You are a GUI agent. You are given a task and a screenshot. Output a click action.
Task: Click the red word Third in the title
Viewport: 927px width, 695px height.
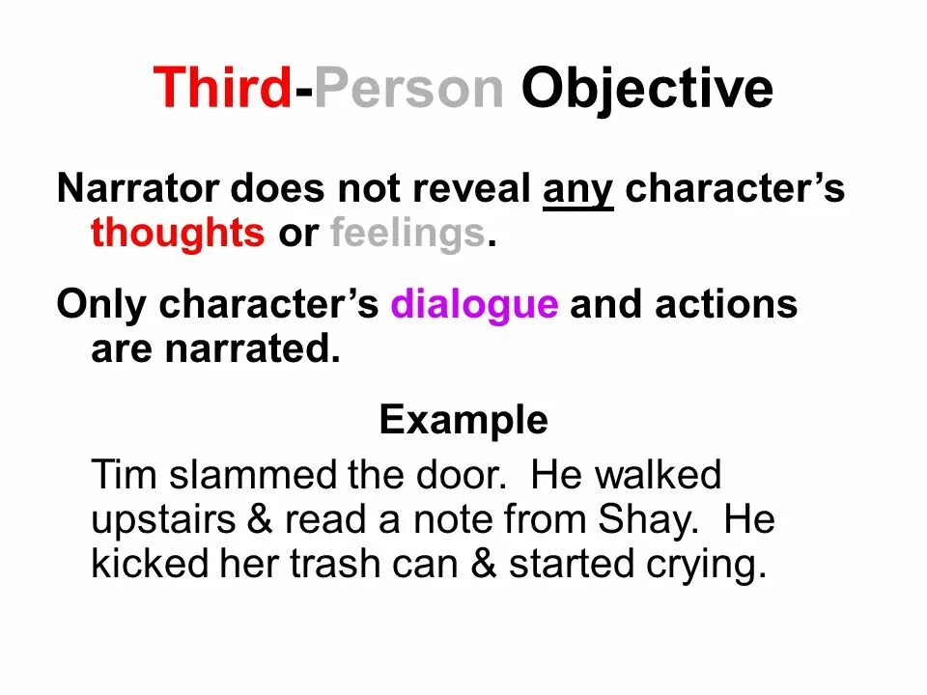222,89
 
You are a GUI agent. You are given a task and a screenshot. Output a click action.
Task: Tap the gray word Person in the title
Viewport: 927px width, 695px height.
408,89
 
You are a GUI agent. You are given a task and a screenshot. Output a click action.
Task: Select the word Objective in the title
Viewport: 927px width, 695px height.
647,89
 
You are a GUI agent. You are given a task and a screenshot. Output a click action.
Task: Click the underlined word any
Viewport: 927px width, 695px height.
577,190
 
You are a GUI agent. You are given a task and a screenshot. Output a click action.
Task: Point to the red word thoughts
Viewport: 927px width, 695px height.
177,234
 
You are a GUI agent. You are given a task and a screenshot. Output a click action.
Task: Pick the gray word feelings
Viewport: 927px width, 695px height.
407,234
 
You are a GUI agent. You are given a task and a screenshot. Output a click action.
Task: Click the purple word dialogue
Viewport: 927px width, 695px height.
474,305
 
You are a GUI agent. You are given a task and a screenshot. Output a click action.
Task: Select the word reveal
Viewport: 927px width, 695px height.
471,189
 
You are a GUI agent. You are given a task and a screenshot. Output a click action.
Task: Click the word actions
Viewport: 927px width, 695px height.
726,305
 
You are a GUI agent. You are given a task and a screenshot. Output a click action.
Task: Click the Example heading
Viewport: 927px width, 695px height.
463,421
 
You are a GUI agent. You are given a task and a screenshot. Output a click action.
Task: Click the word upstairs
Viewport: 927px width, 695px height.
163,521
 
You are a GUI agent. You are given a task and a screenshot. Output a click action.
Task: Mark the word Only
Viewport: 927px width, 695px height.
102,305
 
